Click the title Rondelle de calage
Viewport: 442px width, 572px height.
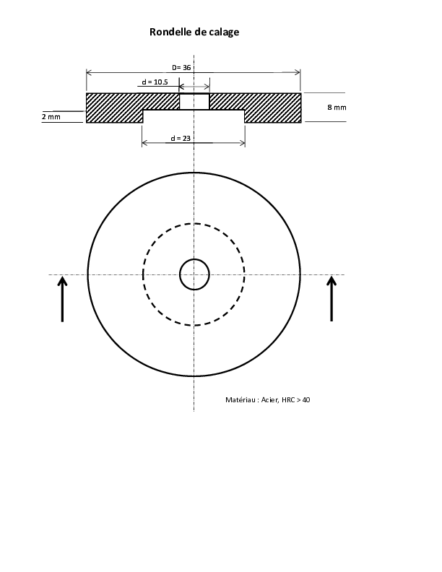coord(194,32)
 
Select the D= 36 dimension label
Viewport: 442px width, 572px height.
coord(181,67)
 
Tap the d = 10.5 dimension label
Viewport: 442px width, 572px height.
coord(155,82)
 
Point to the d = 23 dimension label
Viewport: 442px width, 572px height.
coord(181,138)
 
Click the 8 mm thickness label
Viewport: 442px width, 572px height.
coord(337,107)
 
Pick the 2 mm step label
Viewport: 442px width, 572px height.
coord(51,117)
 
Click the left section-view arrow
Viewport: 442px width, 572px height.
coord(62,299)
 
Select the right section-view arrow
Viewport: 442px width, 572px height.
coord(331,298)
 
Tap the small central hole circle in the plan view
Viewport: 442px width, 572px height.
coord(194,259)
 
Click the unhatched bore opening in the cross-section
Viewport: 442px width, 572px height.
coord(194,101)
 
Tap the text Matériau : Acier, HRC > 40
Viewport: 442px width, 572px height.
coord(268,400)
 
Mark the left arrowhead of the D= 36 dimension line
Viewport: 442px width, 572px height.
coord(89,72)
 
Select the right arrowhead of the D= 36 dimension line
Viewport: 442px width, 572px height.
coord(298,72)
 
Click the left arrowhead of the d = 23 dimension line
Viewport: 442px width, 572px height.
coord(144,143)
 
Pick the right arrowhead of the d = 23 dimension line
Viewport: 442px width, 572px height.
coord(242,143)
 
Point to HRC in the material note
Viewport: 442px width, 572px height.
coord(288,400)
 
